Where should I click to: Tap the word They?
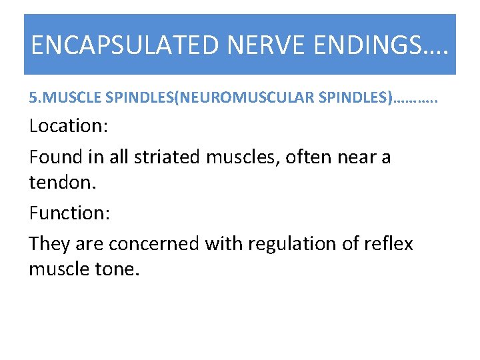coord(49,244)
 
